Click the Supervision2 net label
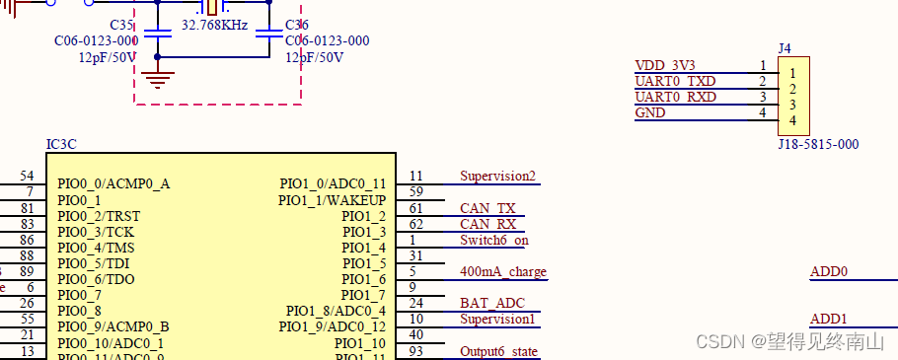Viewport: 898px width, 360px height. tap(497, 177)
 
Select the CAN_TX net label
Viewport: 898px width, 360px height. tap(487, 208)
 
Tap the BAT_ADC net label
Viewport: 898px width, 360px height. tap(492, 303)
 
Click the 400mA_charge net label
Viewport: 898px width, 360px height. tap(502, 271)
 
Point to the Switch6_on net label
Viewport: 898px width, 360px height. tap(494, 240)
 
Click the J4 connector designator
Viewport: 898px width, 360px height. tap(785, 47)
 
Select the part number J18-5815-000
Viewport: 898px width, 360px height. tap(818, 144)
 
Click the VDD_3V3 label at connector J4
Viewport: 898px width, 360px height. tap(665, 65)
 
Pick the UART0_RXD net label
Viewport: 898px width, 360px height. tap(675, 97)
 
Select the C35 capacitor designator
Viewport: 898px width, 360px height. tap(121, 25)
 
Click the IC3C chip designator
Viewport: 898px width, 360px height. tap(61, 144)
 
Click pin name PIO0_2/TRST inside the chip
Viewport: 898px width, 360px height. tap(98, 216)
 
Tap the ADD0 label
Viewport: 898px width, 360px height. tap(829, 272)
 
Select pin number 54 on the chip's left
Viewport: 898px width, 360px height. tap(27, 177)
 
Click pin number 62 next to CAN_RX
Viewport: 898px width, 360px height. tap(415, 224)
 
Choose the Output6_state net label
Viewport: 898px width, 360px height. tap(499, 351)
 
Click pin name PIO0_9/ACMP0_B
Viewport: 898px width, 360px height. tap(113, 326)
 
